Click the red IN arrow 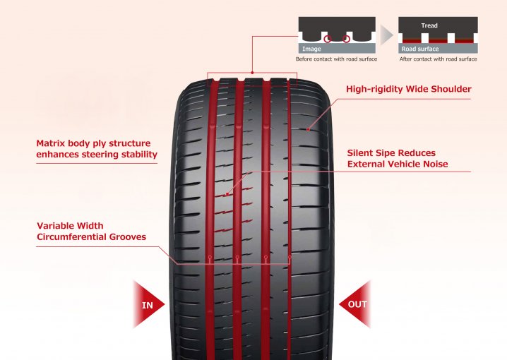point(148,305)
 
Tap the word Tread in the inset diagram point(429,25)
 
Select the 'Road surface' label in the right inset point(419,49)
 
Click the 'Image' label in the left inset point(311,49)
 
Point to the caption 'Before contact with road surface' point(336,59)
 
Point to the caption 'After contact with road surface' point(438,59)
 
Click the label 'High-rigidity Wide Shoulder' point(409,90)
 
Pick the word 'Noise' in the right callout point(432,164)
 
